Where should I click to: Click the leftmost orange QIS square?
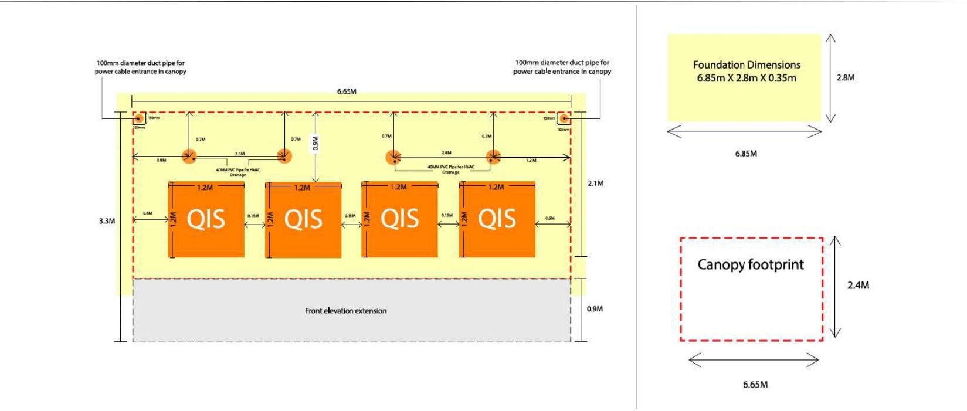(206, 220)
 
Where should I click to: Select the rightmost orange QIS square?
(497, 220)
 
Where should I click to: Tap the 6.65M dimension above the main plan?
(347, 91)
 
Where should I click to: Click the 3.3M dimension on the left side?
(107, 221)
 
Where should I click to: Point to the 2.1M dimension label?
(595, 184)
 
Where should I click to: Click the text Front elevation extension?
(345, 311)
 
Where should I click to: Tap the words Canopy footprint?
(751, 264)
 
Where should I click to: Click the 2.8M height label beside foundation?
(845, 77)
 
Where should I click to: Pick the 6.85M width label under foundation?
(746, 154)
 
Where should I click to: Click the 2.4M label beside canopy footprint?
(858, 285)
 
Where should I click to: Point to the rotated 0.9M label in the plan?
(315, 144)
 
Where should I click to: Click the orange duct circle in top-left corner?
(139, 119)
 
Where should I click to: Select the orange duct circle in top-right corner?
(563, 119)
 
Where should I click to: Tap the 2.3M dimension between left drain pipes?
(240, 154)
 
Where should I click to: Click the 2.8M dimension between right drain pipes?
(446, 152)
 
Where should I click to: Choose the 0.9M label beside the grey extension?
(595, 309)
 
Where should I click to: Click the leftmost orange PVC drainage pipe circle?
(189, 157)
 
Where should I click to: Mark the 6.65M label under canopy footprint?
(755, 385)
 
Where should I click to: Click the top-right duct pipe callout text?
(562, 67)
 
